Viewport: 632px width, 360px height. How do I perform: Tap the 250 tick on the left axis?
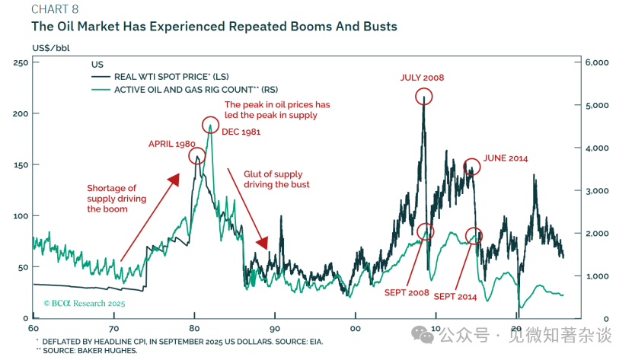point(21,62)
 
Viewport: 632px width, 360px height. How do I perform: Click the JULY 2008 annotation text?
point(422,78)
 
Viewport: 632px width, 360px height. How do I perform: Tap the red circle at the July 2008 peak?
point(424,96)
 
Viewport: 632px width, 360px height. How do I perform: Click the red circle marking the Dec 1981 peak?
point(210,125)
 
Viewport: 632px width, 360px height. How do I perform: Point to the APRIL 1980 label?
point(172,143)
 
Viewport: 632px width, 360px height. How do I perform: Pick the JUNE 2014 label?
point(505,158)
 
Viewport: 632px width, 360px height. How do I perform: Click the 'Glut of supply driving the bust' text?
point(276,180)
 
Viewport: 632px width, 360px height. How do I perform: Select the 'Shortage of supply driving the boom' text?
point(111,198)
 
